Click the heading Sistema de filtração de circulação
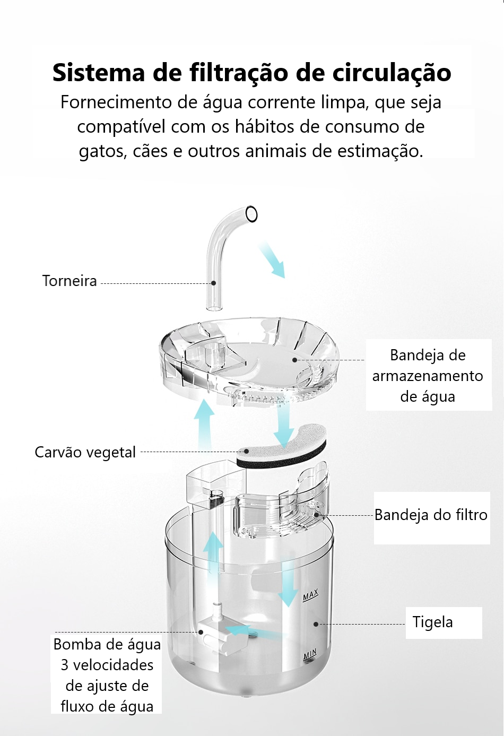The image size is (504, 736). click(251, 73)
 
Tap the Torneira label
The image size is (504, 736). click(69, 281)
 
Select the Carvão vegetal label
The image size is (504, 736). click(85, 452)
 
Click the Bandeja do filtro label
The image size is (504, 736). click(431, 515)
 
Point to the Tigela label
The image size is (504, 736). click(433, 622)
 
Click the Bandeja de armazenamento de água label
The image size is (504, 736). click(428, 376)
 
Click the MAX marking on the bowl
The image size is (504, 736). click(311, 595)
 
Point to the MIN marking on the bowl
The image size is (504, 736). click(310, 654)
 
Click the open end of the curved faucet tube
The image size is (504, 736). click(251, 214)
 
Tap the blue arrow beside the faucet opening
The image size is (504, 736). click(272, 260)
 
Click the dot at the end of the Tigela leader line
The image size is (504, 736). click(316, 624)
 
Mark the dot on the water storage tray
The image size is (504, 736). click(294, 360)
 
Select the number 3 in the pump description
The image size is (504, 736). click(65, 665)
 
